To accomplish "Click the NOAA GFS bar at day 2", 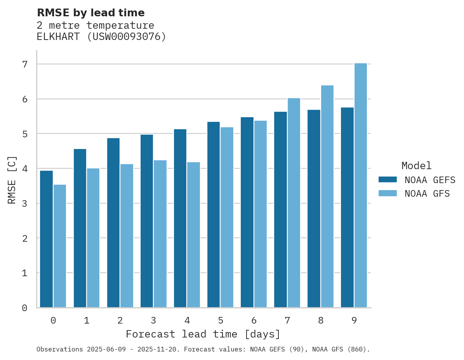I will [127, 236].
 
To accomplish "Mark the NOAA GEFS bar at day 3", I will [147, 221].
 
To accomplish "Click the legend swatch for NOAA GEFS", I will [388, 180].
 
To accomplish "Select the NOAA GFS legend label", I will [427, 194].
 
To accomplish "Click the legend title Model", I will [416, 166].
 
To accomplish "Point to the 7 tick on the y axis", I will [25, 64].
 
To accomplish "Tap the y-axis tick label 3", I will [25, 203].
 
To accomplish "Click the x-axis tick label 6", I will [254, 321].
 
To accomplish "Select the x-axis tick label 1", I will [87, 321].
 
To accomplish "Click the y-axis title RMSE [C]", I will [12, 180].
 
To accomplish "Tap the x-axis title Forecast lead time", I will [203, 334].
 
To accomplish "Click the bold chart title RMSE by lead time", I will [90, 13].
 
